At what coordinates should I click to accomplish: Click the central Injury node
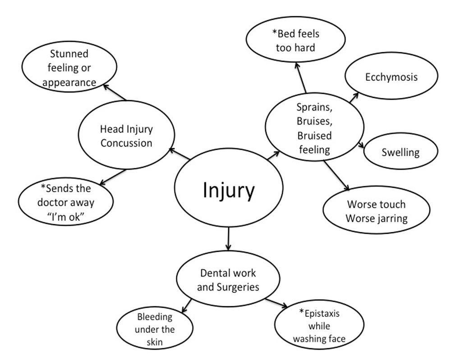tap(228, 190)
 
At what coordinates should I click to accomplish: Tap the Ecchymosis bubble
tap(391, 77)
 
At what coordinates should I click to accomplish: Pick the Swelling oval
tap(400, 152)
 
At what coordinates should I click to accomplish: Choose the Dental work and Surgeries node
tap(228, 280)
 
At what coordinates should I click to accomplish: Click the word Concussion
tap(126, 143)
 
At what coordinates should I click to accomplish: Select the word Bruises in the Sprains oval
tap(314, 121)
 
